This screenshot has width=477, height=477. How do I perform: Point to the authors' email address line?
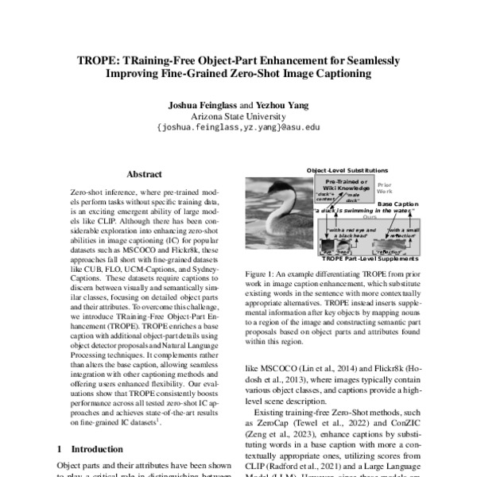pyautogui.click(x=238, y=126)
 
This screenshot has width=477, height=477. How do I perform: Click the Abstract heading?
pyautogui.click(x=144, y=174)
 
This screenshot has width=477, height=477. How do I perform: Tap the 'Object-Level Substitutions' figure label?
pyautogui.click(x=348, y=170)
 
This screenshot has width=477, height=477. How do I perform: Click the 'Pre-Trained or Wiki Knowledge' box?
pyautogui.click(x=347, y=184)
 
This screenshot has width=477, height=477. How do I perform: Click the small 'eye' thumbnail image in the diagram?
pyautogui.click(x=327, y=248)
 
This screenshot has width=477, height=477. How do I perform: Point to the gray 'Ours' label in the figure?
pyautogui.click(x=369, y=216)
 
